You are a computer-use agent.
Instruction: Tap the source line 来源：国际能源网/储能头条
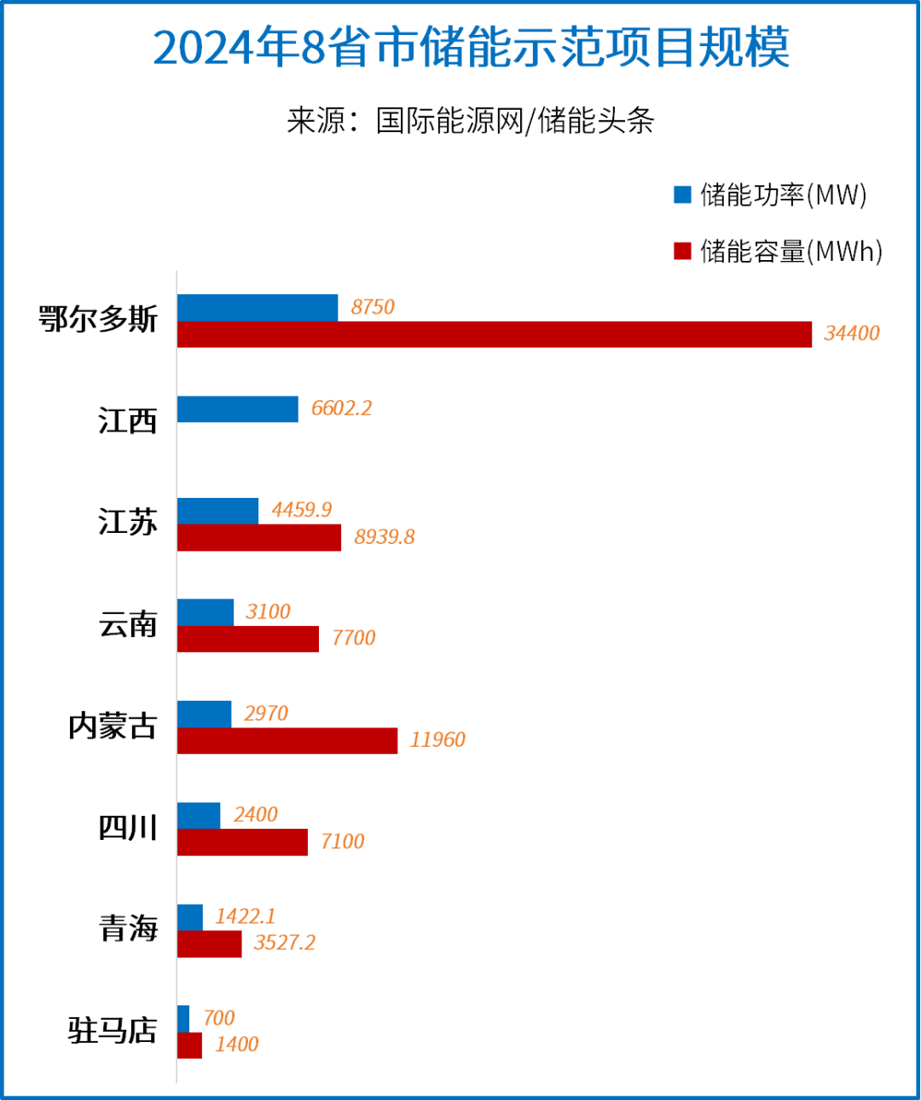tap(470, 120)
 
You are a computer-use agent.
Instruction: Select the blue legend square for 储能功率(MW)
tap(682, 194)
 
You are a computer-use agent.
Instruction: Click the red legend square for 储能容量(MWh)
tap(682, 251)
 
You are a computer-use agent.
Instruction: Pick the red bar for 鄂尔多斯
tap(494, 334)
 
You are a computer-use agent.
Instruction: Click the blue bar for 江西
tap(237, 408)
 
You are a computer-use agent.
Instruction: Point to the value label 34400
tap(851, 333)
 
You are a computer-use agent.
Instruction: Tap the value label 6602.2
tap(341, 408)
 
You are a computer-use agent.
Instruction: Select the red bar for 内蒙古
tap(287, 740)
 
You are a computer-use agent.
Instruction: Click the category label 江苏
tap(127, 522)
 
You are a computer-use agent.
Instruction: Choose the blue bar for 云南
tap(205, 612)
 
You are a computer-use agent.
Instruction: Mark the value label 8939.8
tap(384, 537)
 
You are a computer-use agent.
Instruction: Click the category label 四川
tap(127, 827)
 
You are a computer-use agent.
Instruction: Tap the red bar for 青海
tap(209, 943)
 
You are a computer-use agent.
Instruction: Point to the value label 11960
tap(437, 740)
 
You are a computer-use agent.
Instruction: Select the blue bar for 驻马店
tap(183, 1018)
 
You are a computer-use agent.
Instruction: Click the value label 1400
tap(236, 1045)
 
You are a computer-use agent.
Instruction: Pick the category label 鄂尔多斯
tap(98, 319)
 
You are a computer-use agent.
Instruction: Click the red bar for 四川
tap(242, 842)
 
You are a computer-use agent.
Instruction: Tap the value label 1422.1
tap(245, 917)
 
